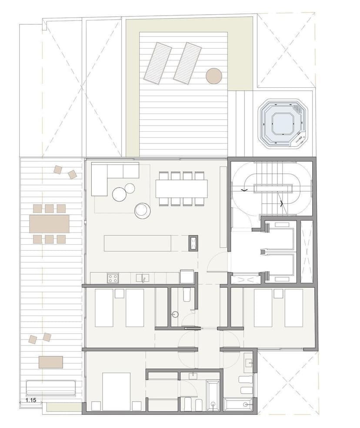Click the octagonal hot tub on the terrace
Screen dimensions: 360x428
point(284,122)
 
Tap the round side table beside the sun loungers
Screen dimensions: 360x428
point(213,76)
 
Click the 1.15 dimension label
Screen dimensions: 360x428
point(31,400)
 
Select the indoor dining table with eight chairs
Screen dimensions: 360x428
point(182,188)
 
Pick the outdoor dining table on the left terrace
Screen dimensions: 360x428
point(50,224)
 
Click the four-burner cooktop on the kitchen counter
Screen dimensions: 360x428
point(113,279)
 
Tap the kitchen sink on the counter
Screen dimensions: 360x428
point(143,278)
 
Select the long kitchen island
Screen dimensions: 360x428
point(137,243)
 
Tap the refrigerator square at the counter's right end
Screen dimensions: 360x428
point(187,276)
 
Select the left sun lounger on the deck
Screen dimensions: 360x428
point(157,63)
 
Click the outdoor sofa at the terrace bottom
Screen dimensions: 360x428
point(50,388)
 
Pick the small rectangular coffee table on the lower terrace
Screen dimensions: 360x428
point(51,362)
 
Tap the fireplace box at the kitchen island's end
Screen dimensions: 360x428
point(193,243)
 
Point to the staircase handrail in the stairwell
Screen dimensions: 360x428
point(273,189)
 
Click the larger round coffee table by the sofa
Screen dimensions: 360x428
point(120,194)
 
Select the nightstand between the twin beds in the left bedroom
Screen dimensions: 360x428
point(120,293)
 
